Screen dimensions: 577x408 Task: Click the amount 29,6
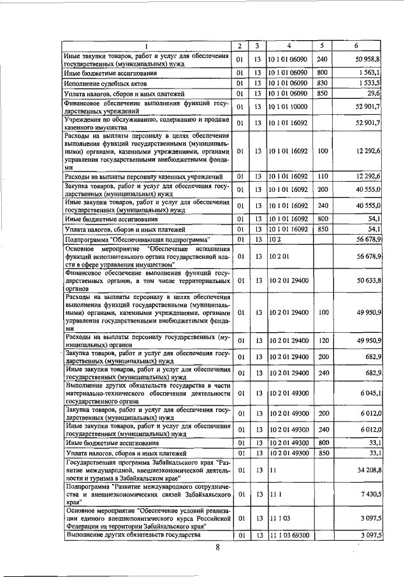click(374, 94)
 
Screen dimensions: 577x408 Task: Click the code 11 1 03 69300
click(288, 536)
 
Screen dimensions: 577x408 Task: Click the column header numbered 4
click(289, 46)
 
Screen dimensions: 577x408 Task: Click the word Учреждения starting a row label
click(87, 119)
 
